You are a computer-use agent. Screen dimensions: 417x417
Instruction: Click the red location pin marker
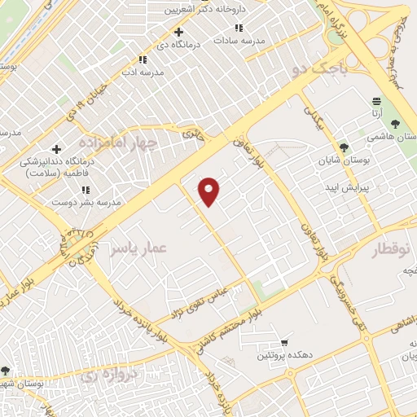209,191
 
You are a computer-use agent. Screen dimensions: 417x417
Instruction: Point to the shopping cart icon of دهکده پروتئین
283,343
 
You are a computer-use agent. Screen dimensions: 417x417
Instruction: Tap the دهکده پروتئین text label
285,355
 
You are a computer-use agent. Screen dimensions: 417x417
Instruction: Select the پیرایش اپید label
349,187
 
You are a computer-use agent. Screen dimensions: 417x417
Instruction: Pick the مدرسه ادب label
143,72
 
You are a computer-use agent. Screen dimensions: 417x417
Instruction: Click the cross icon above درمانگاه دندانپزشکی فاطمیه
55,149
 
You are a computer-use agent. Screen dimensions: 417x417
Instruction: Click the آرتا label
375,115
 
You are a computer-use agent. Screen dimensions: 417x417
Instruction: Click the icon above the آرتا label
375,101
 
